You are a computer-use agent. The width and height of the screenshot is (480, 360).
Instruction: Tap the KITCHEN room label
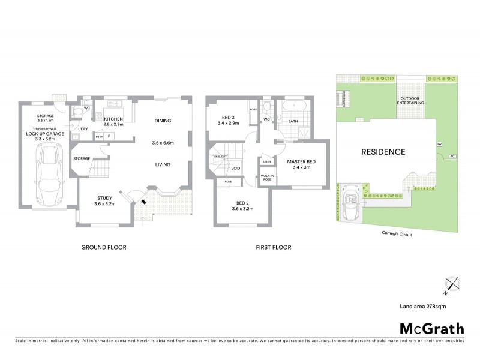point(113,119)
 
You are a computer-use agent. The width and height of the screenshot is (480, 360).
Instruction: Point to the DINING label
point(163,120)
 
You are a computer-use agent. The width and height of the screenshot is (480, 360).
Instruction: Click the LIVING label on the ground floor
point(163,164)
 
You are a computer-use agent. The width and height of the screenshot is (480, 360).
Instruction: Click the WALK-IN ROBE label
point(268,178)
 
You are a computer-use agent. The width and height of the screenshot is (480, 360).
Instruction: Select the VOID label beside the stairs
point(236,168)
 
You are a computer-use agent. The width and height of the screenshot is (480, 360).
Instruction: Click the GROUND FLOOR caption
point(104,247)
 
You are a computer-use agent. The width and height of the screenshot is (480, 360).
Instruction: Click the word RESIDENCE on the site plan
point(383,152)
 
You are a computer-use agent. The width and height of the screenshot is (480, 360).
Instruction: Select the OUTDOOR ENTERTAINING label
point(411,100)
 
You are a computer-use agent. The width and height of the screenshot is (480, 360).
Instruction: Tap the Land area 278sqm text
point(423,306)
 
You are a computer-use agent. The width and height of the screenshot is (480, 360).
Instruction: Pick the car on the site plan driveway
point(352,195)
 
